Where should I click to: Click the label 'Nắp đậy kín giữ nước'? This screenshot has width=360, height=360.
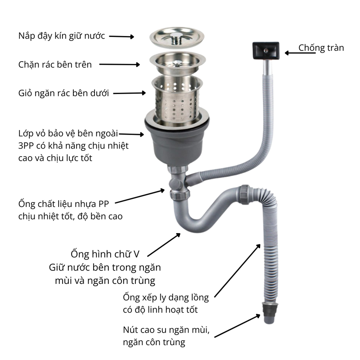click(62, 36)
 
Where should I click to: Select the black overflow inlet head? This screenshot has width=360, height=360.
click(266, 49)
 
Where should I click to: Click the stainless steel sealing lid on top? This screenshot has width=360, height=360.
click(176, 36)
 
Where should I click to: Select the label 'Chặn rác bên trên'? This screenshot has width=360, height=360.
click(55, 65)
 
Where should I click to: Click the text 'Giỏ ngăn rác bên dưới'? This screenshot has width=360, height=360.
click(63, 94)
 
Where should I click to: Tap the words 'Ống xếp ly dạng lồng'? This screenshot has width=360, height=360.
click(166, 297)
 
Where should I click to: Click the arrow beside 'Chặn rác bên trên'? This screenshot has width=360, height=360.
click(119, 65)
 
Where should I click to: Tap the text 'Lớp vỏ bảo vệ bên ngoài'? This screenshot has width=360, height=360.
click(67, 134)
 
